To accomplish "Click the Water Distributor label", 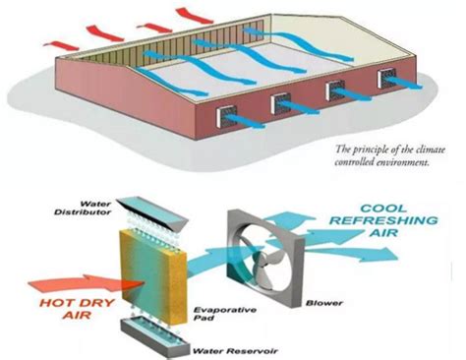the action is [x=83, y=209].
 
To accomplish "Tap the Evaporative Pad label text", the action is [x=225, y=314].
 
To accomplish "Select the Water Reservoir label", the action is [x=235, y=351].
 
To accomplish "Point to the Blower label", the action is [x=324, y=303].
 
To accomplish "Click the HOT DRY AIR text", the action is [x=77, y=308].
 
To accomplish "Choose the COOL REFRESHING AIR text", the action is [x=383, y=220].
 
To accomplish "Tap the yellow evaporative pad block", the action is [x=153, y=275].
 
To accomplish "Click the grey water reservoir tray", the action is [x=155, y=337].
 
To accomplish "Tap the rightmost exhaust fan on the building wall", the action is [x=387, y=79].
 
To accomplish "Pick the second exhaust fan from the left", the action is [x=281, y=103].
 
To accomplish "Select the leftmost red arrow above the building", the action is [x=61, y=45].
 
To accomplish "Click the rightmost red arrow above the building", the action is [x=195, y=16].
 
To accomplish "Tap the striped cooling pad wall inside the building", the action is [x=172, y=45].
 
